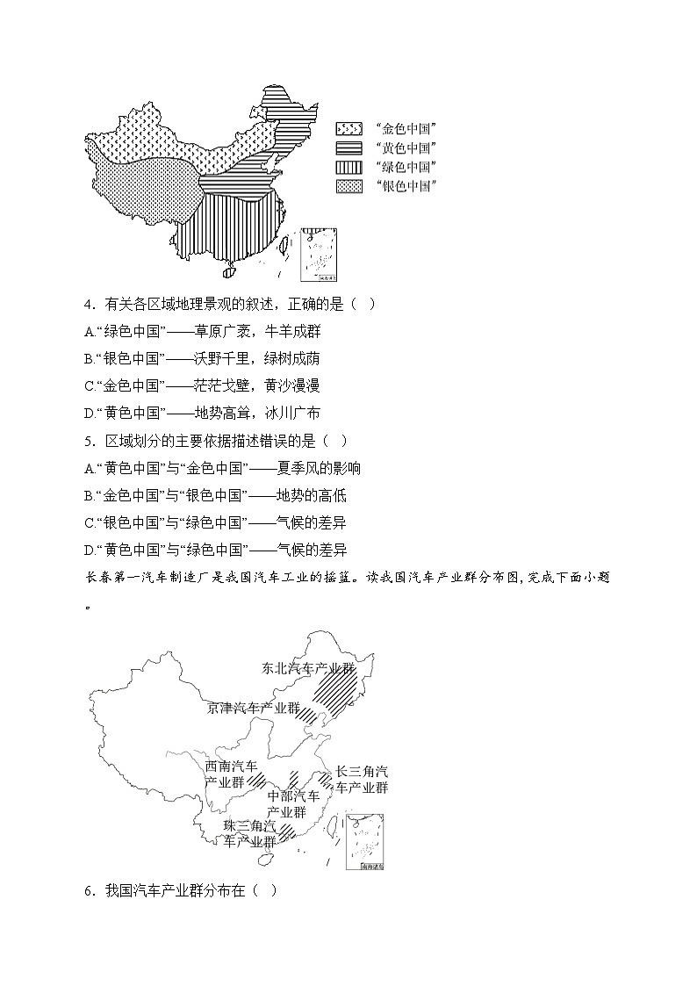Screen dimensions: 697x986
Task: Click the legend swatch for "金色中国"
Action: pyautogui.click(x=348, y=128)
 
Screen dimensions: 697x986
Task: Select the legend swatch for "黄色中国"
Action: pyautogui.click(x=348, y=148)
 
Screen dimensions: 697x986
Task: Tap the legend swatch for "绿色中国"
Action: pyautogui.click(x=348, y=167)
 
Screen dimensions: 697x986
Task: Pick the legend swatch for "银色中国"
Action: pyautogui.click(x=348, y=186)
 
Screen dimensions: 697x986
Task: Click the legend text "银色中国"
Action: pyautogui.click(x=406, y=186)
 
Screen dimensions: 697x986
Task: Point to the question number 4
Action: pyautogui.click(x=89, y=305)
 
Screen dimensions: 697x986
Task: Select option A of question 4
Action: pyautogui.click(x=90, y=332)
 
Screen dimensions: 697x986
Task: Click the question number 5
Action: pyautogui.click(x=89, y=441)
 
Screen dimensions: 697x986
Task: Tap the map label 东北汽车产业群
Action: pyautogui.click(x=308, y=668)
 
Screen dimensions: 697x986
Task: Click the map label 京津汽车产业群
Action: pyautogui.click(x=254, y=707)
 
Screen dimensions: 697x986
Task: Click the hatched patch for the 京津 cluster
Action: pyautogui.click(x=309, y=716)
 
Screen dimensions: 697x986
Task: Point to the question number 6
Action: pyautogui.click(x=89, y=890)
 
